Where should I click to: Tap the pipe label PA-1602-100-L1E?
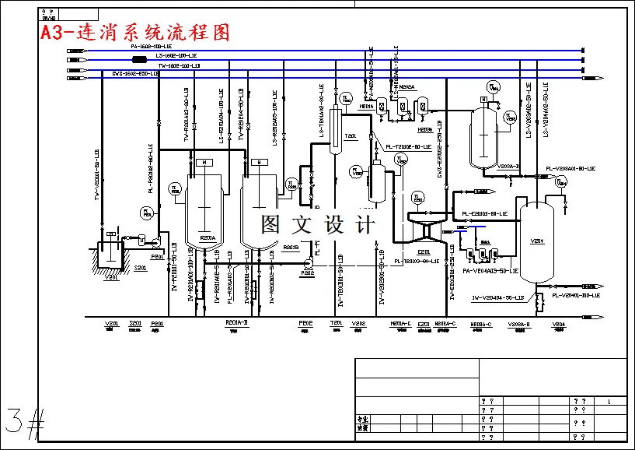pos(151,47)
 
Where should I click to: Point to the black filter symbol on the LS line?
pos(140,59)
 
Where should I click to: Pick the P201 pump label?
pos(157,257)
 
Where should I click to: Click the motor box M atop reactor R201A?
pos(204,162)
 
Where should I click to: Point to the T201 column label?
pos(350,136)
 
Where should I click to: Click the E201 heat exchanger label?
pos(424,252)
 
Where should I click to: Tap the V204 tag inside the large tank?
pos(536,241)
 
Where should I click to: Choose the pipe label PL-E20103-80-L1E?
pos(485,213)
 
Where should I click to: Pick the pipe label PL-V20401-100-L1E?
pos(575,296)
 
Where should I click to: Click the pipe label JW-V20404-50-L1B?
pos(497,298)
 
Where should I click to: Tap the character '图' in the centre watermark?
pos(271,225)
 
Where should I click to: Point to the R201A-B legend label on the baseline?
pos(236,323)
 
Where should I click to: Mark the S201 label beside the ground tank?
pos(141,268)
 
